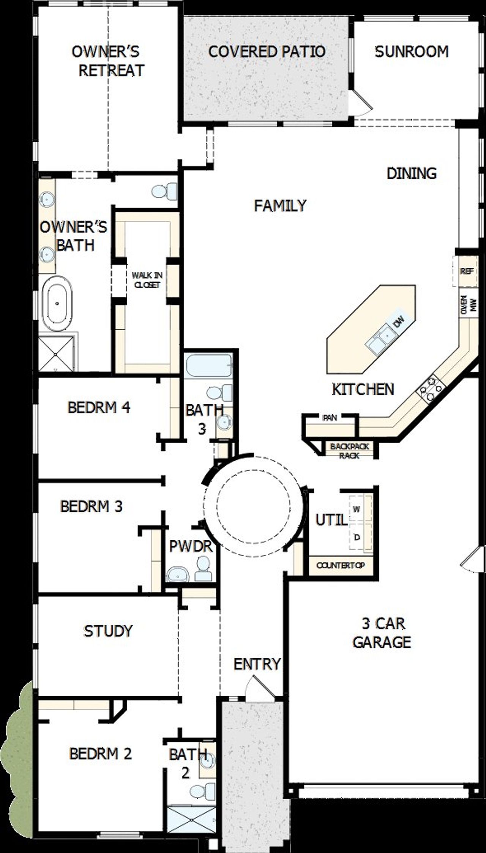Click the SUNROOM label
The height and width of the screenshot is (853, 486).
tap(412, 52)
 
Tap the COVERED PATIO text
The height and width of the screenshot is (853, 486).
tap(267, 52)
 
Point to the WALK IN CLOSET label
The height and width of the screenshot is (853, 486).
tap(147, 280)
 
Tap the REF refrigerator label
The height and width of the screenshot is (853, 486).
tap(467, 271)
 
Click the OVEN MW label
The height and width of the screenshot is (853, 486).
tap(468, 305)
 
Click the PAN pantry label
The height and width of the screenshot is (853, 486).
tap(330, 418)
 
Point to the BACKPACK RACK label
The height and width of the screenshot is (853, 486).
tap(349, 451)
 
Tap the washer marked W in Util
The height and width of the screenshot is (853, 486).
tap(357, 509)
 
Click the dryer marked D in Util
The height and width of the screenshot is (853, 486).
tap(357, 537)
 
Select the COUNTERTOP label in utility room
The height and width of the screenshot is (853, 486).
tap(341, 565)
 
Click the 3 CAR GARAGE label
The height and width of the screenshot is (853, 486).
tap(382, 633)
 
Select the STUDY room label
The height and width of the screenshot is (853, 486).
tap(108, 631)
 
